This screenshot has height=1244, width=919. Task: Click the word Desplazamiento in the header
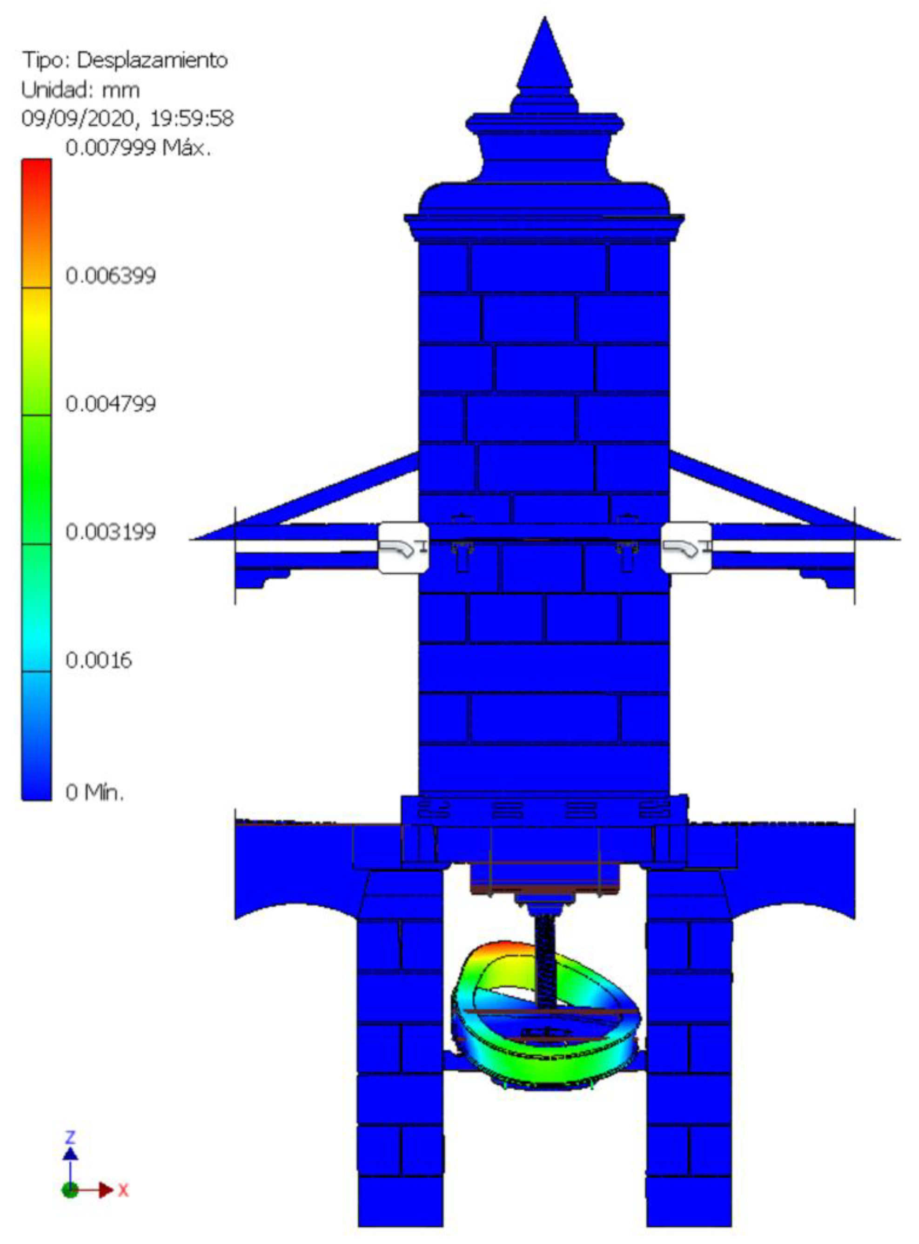pos(152,60)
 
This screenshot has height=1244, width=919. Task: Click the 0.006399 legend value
pos(111,275)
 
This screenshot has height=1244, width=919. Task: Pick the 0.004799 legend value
pos(111,404)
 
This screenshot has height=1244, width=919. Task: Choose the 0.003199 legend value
pos(111,532)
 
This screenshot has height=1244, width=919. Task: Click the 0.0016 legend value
pos(99,661)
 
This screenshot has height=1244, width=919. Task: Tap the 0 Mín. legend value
pos(94,792)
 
